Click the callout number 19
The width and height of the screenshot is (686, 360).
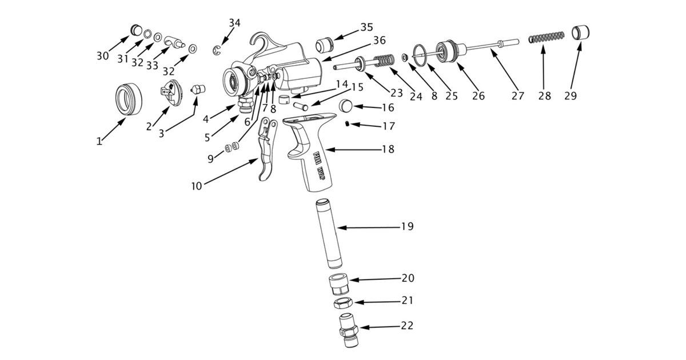click(407, 227)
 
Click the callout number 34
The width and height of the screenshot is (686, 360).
click(234, 23)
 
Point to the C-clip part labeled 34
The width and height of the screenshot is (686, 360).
click(218, 51)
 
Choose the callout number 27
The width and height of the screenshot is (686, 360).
click(517, 96)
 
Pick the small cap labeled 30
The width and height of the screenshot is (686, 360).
click(137, 29)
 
